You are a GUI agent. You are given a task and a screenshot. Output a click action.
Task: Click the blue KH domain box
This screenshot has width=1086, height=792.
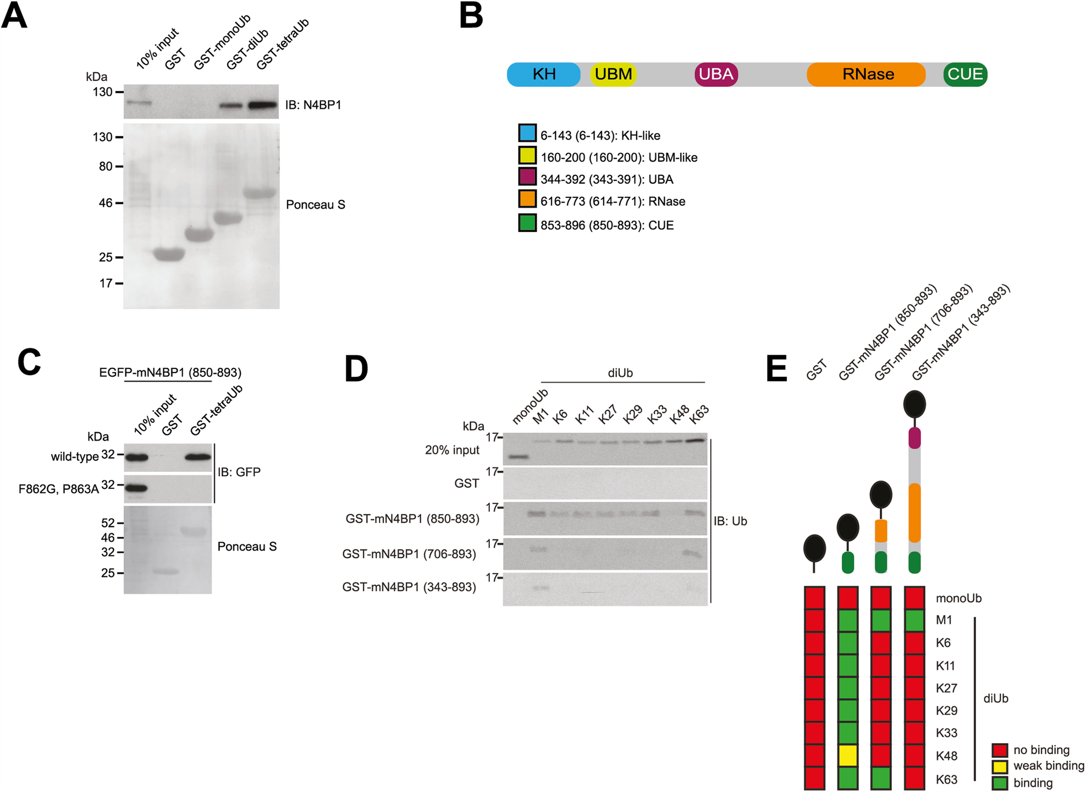pos(543,74)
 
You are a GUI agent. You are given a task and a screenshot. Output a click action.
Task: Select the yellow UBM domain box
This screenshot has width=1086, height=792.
pos(613,74)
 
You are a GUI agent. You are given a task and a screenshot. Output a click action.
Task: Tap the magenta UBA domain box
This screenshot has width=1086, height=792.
pos(716,74)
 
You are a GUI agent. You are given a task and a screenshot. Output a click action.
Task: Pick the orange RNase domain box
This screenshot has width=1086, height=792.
pos(867,74)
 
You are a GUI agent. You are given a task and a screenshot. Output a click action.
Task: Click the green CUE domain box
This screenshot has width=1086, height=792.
pos(965,74)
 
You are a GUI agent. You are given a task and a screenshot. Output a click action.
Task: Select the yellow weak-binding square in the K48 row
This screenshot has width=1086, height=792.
pos(847,756)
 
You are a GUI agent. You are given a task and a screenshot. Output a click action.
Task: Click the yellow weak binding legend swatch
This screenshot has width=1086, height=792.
pos(1000,766)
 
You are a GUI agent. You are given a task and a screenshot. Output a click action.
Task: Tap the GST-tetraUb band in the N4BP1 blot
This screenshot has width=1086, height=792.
pos(263,105)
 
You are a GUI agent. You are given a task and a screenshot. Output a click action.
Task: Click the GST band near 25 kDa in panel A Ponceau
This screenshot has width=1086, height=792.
pos(169,254)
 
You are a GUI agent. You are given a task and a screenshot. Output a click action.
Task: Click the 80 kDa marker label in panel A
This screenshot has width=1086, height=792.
pos(106,166)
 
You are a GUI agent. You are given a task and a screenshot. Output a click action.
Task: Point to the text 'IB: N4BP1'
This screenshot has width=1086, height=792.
pos(313,105)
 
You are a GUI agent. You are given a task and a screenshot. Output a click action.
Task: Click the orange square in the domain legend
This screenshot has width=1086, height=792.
pos(527,199)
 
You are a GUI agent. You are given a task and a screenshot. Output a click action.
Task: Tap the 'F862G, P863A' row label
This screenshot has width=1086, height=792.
pos(58,489)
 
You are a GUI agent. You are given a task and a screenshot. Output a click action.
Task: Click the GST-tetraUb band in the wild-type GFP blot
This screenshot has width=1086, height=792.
pos(198,457)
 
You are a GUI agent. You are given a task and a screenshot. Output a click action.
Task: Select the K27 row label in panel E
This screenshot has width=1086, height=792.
pos(946,688)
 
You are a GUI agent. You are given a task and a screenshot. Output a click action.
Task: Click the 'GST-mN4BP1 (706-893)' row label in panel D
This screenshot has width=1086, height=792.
pos(409,554)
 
